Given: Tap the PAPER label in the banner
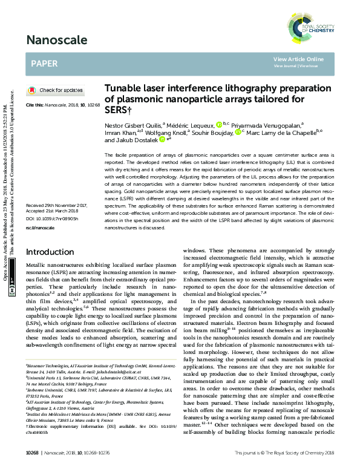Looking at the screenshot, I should coord(44,63).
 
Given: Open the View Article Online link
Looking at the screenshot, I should coord(298,59).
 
